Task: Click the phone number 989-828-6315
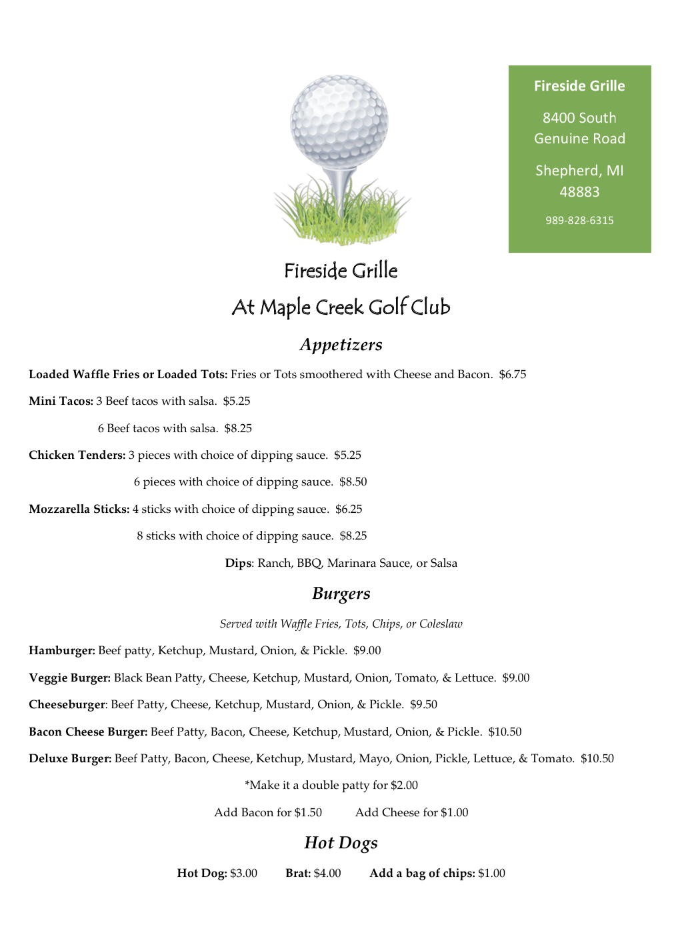(x=579, y=221)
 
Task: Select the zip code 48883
(x=579, y=192)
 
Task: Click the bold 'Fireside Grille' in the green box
(x=579, y=86)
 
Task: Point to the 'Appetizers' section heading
(x=341, y=345)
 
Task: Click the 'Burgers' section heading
(x=341, y=594)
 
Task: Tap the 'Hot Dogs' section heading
(x=341, y=843)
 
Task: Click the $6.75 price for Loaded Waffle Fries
(x=512, y=375)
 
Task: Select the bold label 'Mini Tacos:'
(x=61, y=401)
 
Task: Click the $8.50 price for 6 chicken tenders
(x=353, y=482)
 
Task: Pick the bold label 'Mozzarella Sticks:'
(x=79, y=510)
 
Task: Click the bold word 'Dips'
(x=238, y=564)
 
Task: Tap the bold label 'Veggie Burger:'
(x=69, y=678)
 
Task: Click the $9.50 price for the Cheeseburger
(x=423, y=705)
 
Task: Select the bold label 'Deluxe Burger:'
(x=70, y=759)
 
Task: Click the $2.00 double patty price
(x=404, y=786)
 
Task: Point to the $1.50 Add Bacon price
(x=308, y=813)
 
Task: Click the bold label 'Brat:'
(x=298, y=874)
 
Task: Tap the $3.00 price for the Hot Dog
(x=243, y=874)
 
